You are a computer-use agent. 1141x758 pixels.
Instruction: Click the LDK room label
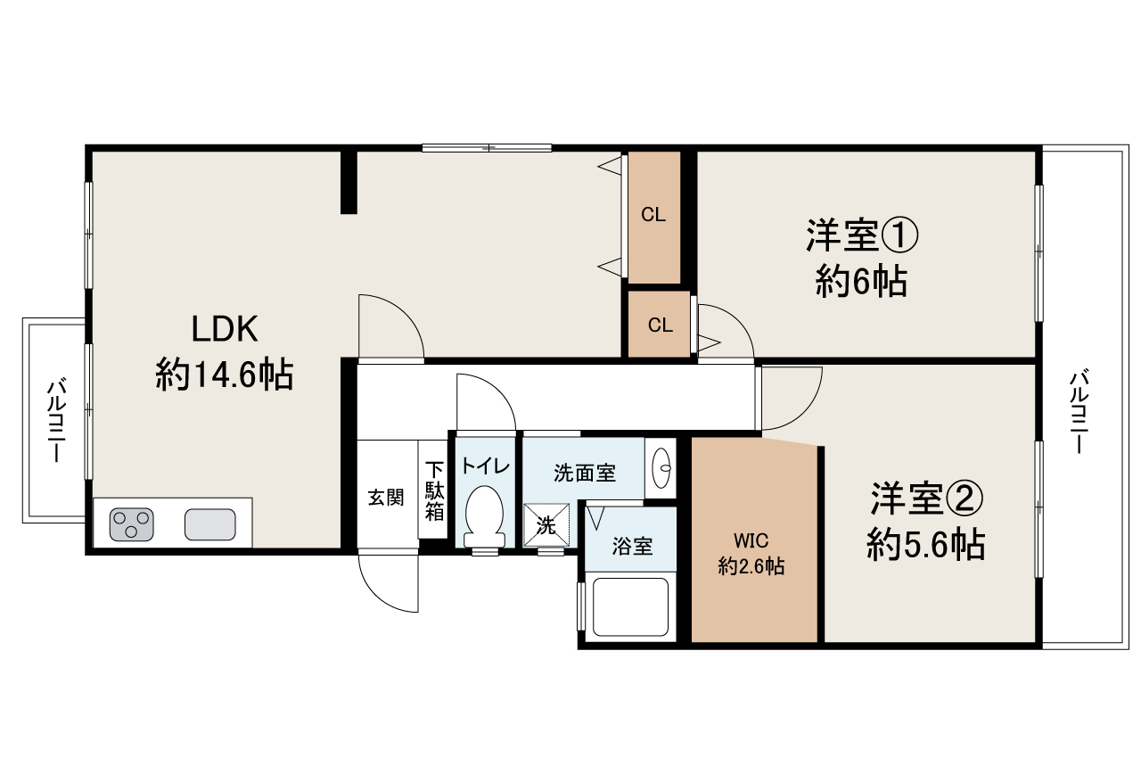(226, 329)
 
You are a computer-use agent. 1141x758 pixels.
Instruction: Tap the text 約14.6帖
(225, 375)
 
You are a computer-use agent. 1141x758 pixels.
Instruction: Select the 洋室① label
(861, 236)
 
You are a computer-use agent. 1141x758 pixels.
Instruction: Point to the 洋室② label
(926, 498)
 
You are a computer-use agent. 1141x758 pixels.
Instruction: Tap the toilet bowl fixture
(485, 515)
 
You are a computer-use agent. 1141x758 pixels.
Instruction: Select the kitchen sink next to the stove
(210, 523)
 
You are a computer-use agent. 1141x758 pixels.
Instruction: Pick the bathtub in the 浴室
(629, 607)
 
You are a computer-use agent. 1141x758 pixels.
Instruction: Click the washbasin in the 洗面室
(662, 466)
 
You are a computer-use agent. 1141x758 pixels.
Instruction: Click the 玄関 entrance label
(386, 498)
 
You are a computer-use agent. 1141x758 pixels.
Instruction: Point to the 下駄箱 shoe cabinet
(434, 490)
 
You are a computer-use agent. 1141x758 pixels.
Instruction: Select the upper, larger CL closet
(653, 215)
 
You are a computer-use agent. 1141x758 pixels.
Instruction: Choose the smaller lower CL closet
(660, 325)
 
